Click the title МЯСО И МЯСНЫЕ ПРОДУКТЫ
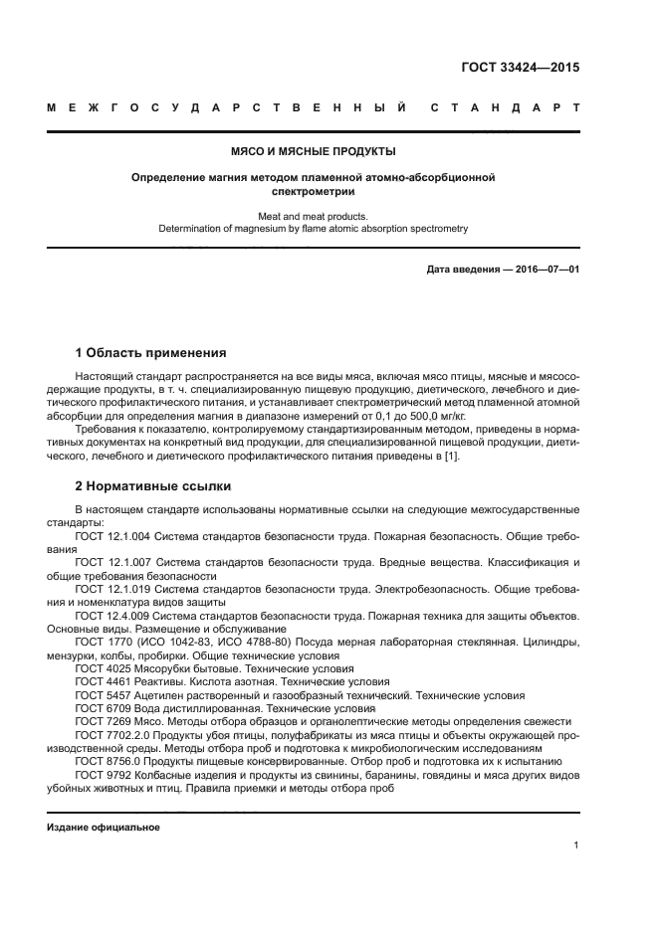tap(314, 152)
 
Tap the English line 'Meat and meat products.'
tap(313, 215)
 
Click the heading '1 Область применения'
tap(150, 353)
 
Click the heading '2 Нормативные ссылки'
tap(153, 486)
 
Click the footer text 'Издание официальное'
tap(104, 828)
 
